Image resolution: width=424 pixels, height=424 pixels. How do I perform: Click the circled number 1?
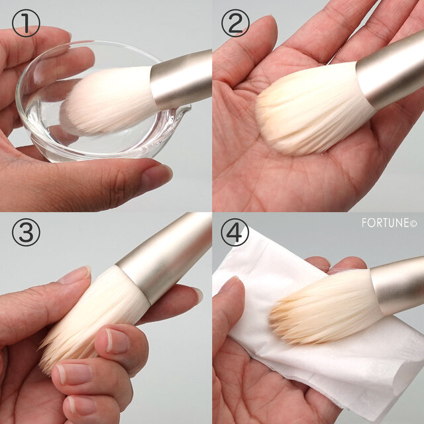pyautogui.click(x=26, y=23)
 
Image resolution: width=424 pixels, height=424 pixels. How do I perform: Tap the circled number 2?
pyautogui.click(x=235, y=23)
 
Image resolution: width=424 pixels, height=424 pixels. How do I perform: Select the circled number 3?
pyautogui.click(x=26, y=232)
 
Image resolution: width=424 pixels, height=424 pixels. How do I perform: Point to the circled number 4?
pyautogui.click(x=235, y=232)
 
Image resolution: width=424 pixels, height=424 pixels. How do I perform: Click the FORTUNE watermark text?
pyautogui.click(x=390, y=223)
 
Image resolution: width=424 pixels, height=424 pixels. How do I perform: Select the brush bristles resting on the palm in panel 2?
pyautogui.click(x=311, y=108)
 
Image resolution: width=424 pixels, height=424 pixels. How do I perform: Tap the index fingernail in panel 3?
pyautogui.click(x=118, y=341)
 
